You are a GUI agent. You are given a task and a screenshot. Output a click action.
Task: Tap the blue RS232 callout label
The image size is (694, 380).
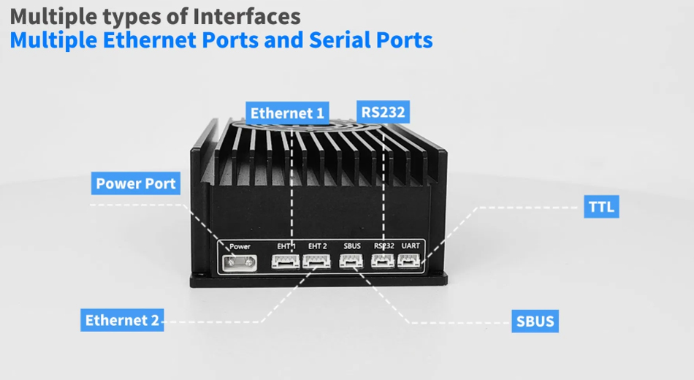click(384, 112)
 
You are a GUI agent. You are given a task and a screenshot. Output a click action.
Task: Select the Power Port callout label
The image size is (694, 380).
click(136, 183)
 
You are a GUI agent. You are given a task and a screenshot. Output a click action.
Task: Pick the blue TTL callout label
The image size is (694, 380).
click(601, 207)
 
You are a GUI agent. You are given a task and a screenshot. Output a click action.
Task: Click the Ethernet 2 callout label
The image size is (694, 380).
click(122, 320)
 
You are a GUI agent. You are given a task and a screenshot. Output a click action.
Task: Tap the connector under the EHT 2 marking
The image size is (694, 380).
click(316, 261)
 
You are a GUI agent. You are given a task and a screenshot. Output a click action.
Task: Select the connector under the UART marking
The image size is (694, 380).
click(409, 260)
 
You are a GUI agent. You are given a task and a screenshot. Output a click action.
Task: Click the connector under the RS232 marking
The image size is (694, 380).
click(382, 261)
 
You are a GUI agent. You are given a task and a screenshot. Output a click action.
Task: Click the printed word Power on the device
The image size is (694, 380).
click(240, 246)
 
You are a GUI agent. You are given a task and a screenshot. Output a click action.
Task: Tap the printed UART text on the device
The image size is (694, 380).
click(410, 246)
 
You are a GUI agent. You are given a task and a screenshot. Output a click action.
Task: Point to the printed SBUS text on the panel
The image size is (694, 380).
click(352, 246)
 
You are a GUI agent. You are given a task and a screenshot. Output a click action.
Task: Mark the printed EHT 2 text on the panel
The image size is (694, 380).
click(318, 246)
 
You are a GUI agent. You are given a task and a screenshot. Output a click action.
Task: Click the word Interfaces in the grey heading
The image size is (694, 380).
click(242, 15)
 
